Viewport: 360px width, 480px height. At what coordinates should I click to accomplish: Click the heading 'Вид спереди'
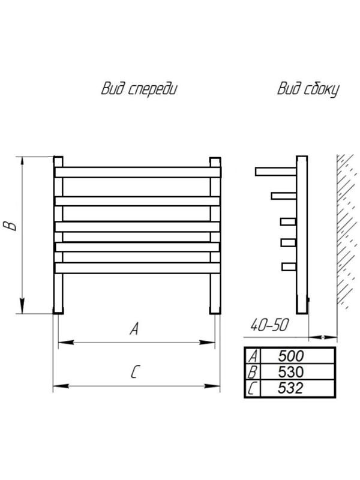[x=140, y=89]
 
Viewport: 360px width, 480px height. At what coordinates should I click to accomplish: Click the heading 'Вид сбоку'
[x=308, y=89]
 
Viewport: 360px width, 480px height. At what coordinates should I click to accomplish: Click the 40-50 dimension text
[x=270, y=325]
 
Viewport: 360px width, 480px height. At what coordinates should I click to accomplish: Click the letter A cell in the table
[x=252, y=356]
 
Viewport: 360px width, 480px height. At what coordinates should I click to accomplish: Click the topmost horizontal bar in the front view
[x=136, y=172]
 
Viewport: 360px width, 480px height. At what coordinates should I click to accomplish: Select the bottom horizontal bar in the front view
[x=136, y=267]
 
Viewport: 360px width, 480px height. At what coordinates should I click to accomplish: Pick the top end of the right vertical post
[x=214, y=161]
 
